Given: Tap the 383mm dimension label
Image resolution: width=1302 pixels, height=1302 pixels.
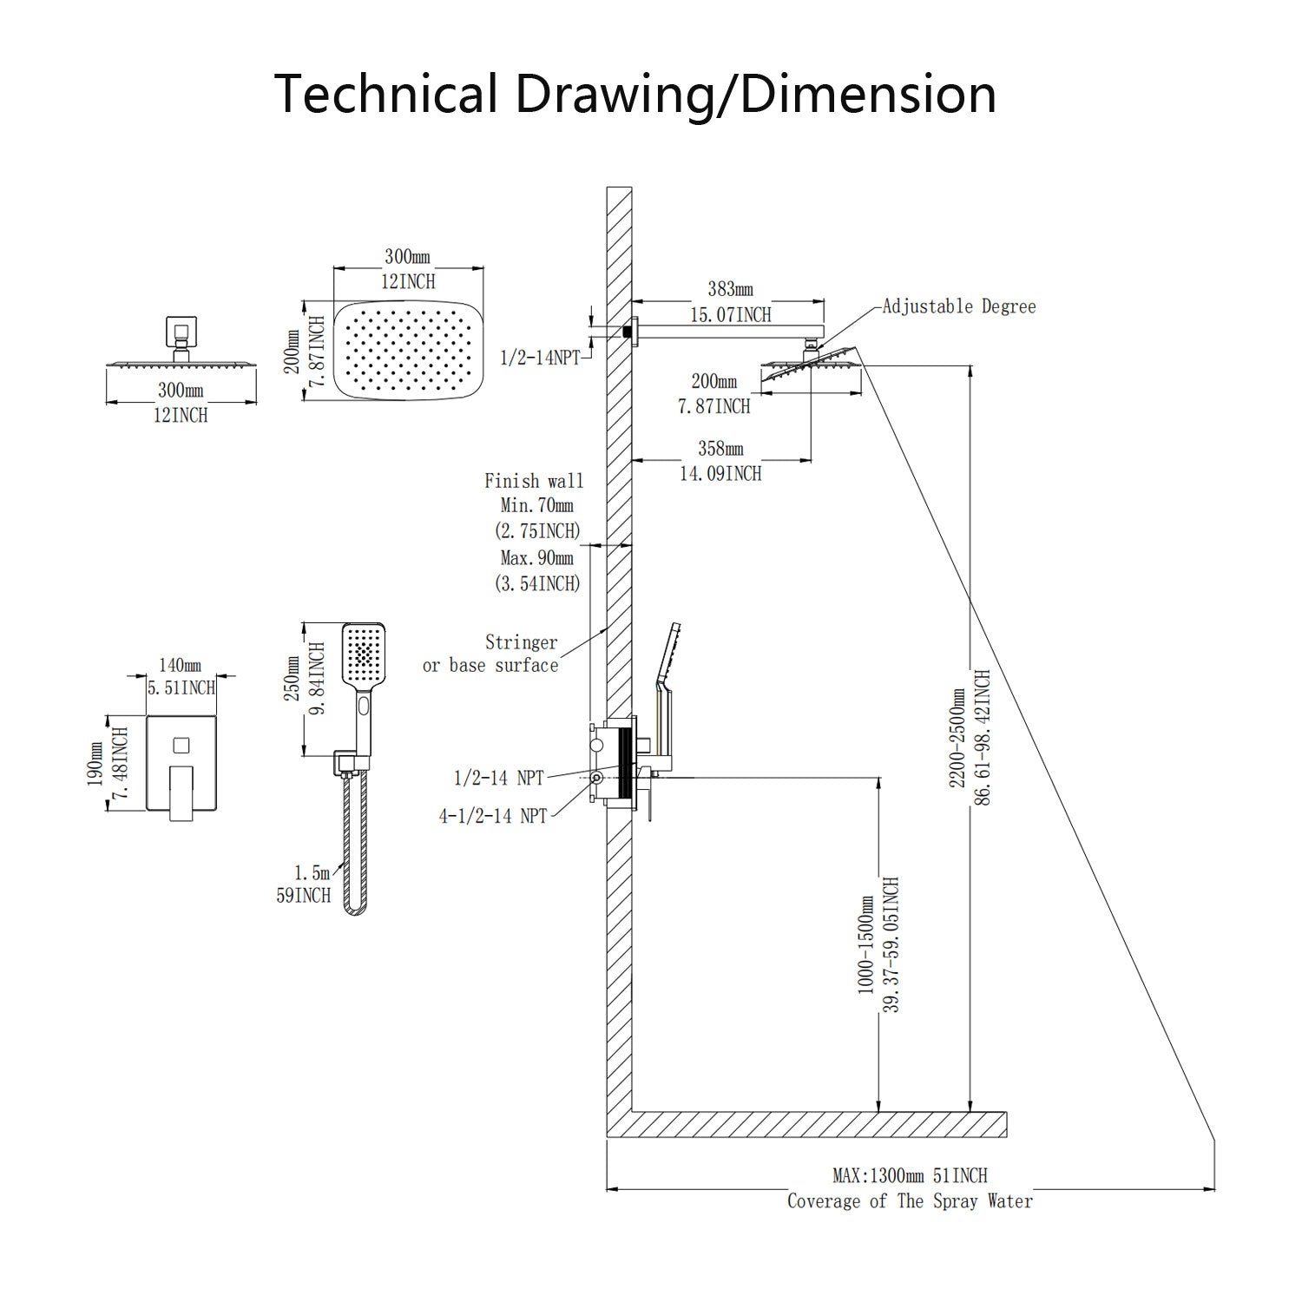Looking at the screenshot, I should (730, 289).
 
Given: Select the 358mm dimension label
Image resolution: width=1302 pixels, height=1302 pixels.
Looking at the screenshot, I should (720, 449).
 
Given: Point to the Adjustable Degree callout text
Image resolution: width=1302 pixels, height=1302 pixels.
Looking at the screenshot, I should (959, 306).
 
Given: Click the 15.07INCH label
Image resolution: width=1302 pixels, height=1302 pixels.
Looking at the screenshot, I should (730, 314).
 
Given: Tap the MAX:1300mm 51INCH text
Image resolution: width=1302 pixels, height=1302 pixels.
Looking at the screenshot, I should (910, 1175).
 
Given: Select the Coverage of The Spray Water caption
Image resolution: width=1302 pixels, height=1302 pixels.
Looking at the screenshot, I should (910, 1201).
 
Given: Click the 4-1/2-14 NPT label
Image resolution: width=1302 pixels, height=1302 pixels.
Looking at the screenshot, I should (493, 815).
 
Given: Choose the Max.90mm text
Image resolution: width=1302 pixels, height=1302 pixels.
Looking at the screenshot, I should (536, 557).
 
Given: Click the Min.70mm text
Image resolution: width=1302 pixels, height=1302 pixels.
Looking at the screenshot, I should (536, 505).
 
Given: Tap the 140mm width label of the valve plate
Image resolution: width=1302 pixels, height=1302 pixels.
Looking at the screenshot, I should (180, 666).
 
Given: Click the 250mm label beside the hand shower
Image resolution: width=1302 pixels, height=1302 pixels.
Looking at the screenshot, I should (292, 681).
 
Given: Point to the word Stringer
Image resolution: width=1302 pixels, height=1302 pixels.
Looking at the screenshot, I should (521, 642).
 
